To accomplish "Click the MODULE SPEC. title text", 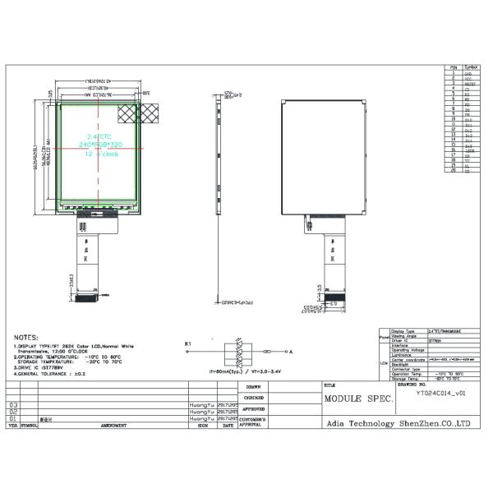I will [359, 399].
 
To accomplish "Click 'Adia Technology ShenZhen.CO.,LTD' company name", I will [396, 422].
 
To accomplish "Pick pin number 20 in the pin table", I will [453, 170].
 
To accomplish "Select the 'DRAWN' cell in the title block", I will [254, 386].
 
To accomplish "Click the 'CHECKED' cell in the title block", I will [254, 397].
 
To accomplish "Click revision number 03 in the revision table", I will [12, 405].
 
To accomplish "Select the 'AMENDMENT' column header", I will [113, 426].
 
